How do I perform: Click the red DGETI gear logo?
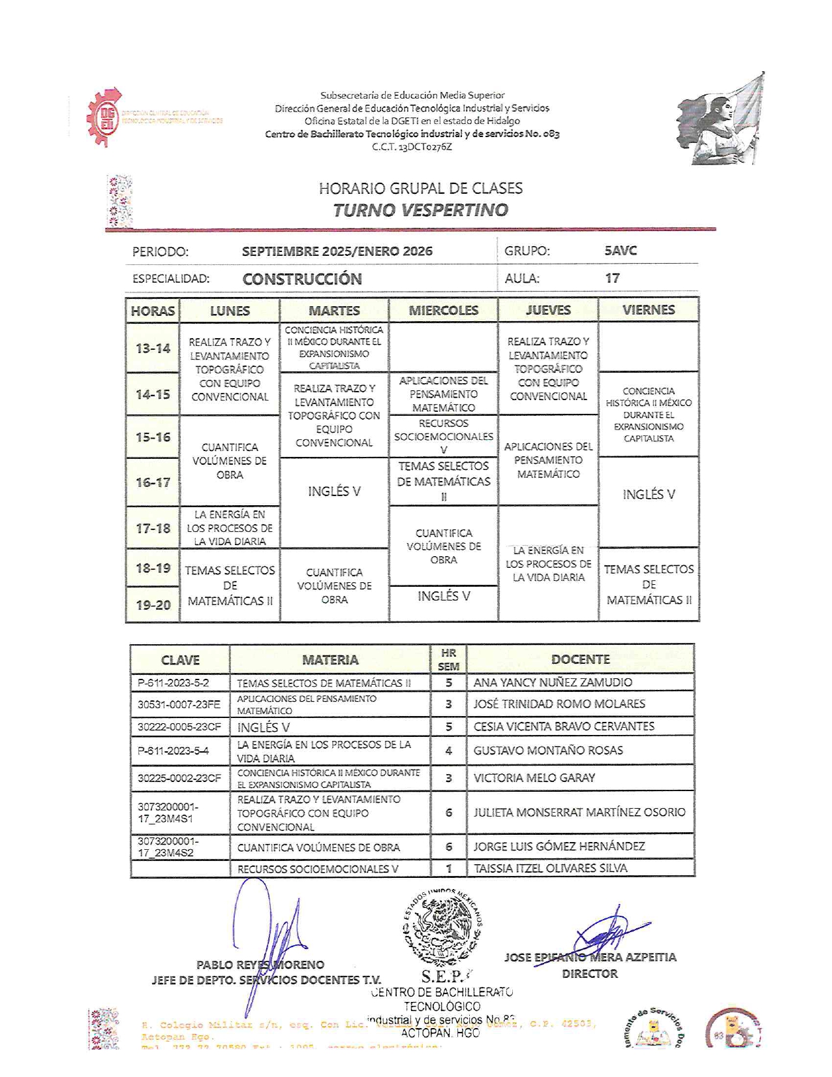coord(104,117)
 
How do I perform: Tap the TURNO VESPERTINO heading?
coord(420,210)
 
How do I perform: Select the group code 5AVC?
coord(621,251)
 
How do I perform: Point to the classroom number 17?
coord(612,278)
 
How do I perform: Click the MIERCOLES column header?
coord(443,310)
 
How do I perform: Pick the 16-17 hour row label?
coord(153,482)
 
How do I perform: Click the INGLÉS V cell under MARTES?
coord(334,492)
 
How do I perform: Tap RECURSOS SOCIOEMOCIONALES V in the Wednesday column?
coord(444,436)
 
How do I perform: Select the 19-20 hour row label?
coord(153,604)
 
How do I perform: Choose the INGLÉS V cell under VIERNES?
coord(649,494)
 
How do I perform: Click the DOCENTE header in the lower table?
coord(580,659)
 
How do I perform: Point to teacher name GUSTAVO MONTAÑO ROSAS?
coord(548,751)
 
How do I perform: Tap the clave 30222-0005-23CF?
coord(179,726)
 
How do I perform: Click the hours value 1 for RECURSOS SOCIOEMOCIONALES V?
coord(448,869)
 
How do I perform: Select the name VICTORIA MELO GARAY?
coord(534,777)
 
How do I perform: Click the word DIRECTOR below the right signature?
coord(590,973)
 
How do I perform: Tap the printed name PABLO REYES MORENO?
coord(260,965)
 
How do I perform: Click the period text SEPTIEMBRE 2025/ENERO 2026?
coord(337,251)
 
